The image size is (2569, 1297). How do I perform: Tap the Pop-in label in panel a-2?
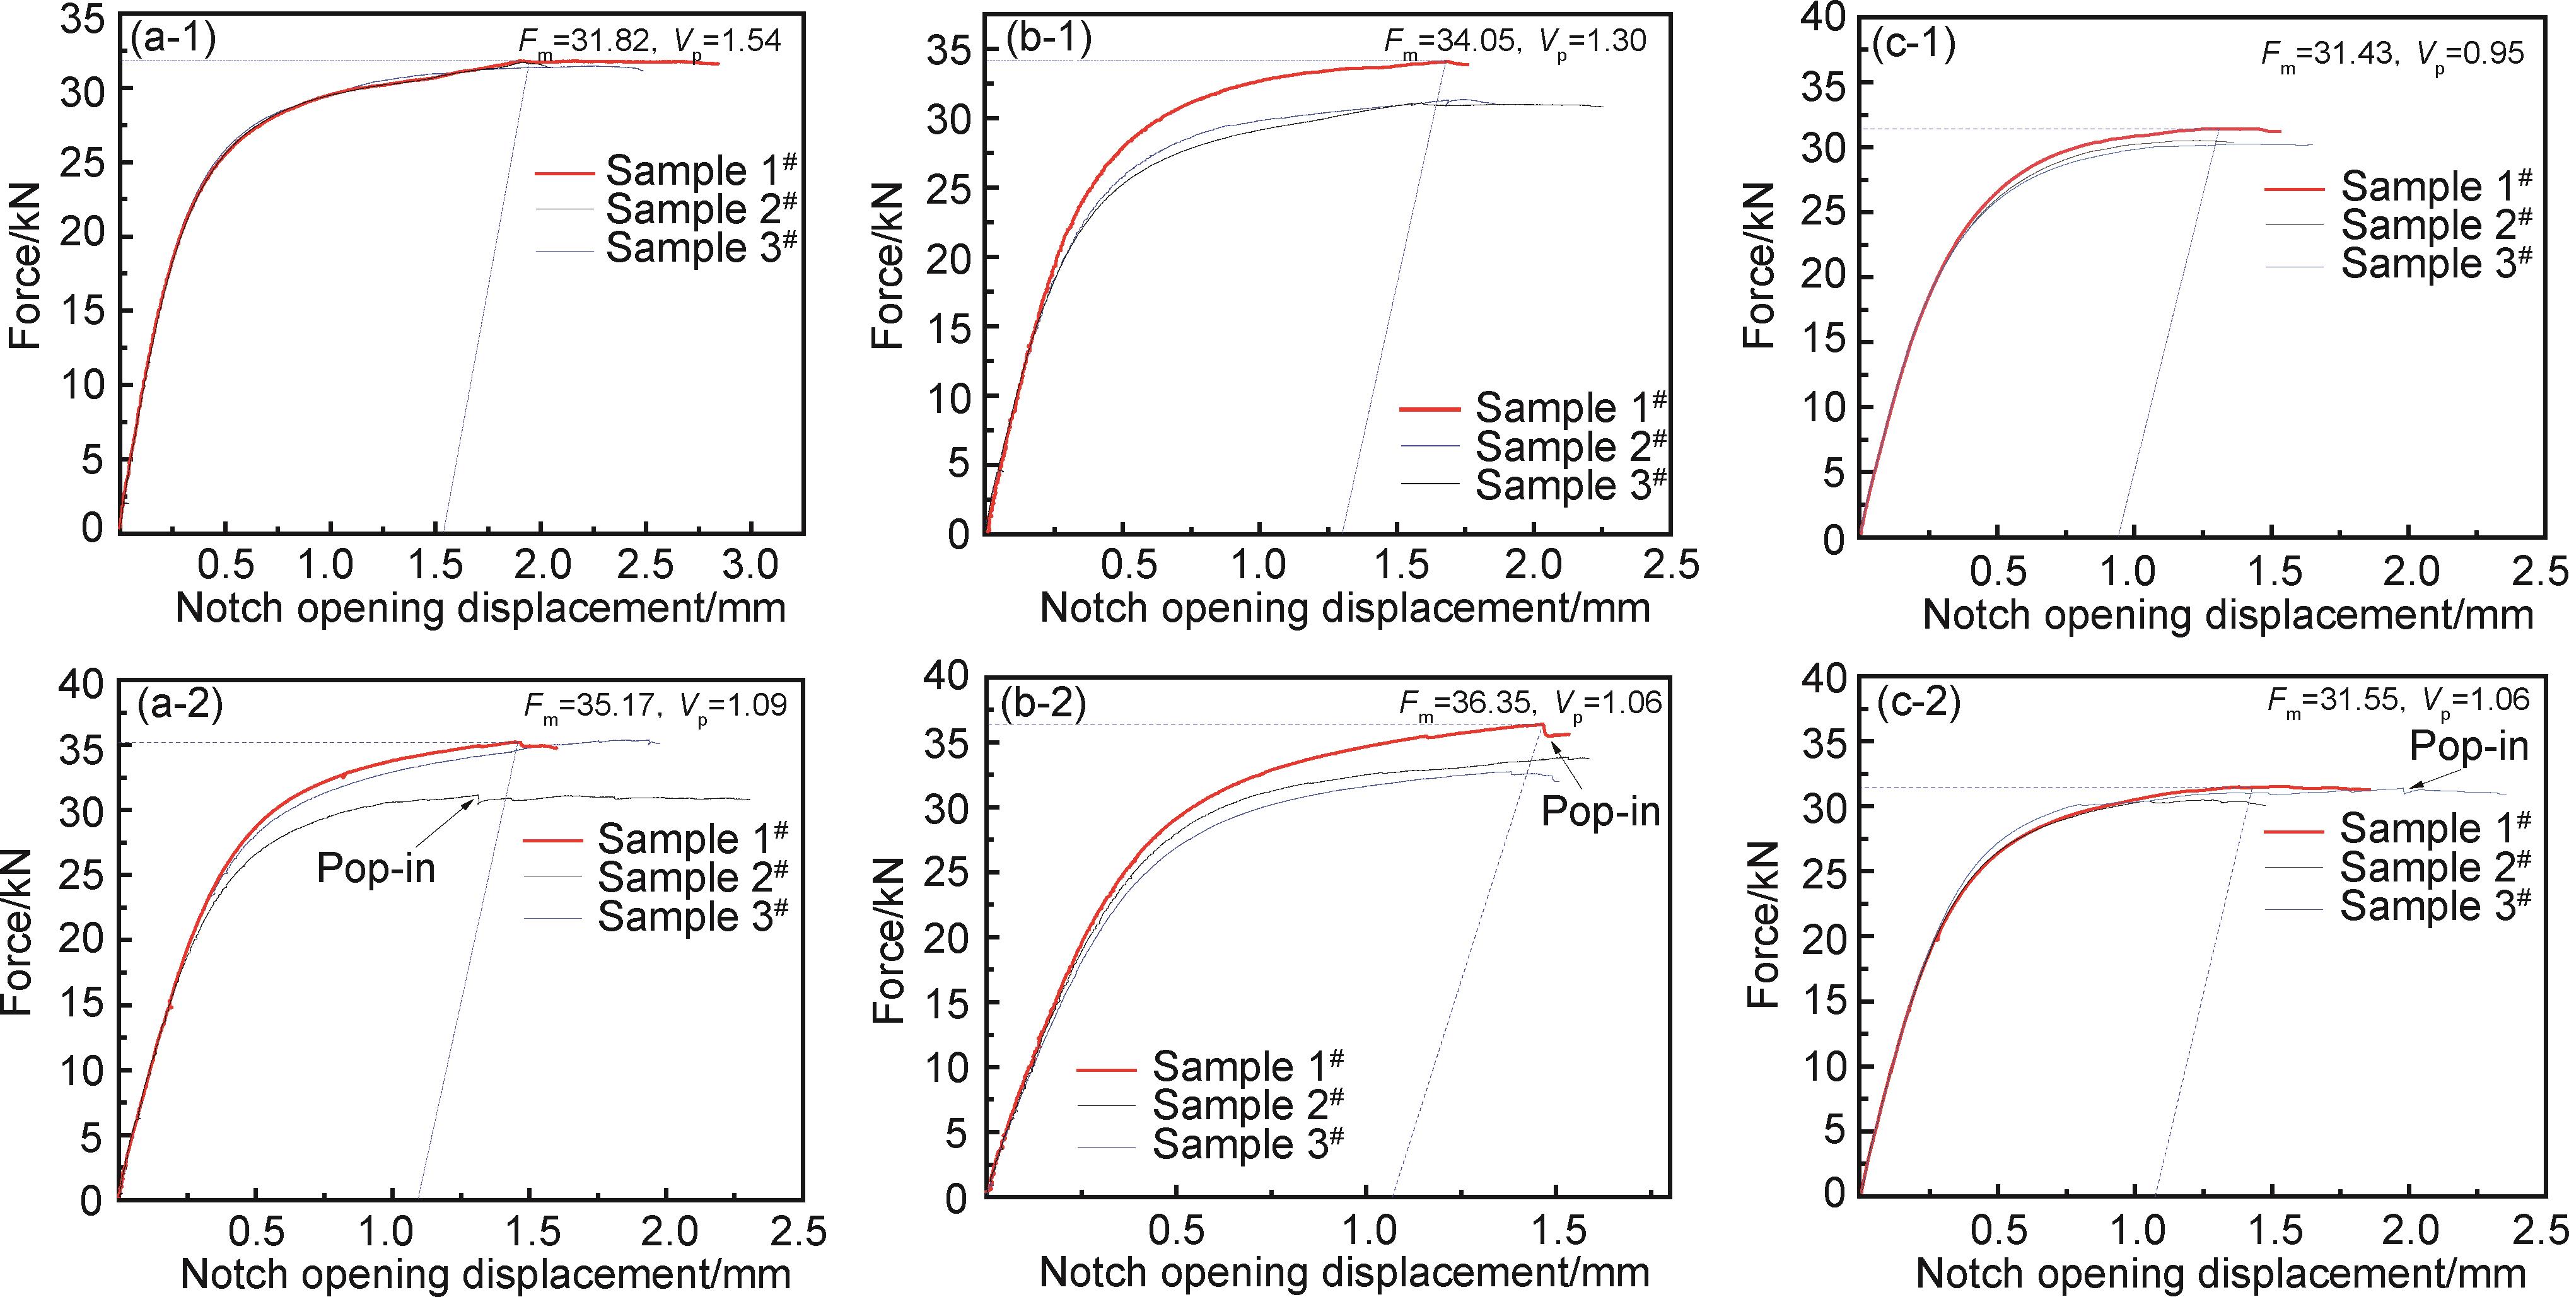[x=375, y=868]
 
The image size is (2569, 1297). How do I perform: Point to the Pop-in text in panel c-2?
[x=2468, y=746]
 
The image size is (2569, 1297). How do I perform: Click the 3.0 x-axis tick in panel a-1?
[x=749, y=565]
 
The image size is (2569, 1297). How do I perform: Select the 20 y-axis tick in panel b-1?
[x=947, y=257]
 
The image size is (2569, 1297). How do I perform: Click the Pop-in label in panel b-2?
[x=1600, y=810]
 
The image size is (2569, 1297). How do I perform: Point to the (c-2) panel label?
[x=1918, y=704]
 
